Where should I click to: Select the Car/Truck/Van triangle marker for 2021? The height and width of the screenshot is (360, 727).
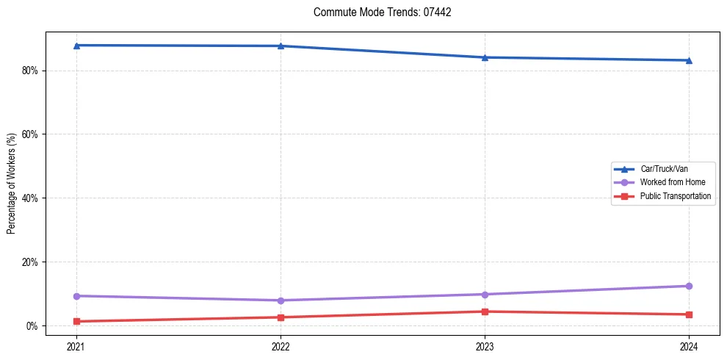click(x=76, y=46)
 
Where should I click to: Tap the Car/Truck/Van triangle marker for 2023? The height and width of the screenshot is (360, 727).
click(x=485, y=57)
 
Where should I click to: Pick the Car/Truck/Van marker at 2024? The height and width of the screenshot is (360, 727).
click(x=689, y=60)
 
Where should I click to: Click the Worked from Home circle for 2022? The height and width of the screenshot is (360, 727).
click(x=281, y=300)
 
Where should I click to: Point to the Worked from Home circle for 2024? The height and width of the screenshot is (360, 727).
click(x=689, y=286)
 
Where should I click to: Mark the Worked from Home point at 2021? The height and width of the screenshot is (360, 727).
click(x=76, y=296)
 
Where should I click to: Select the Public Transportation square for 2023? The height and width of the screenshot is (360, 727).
click(x=485, y=312)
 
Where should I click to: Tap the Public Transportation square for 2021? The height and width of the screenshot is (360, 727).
click(x=76, y=321)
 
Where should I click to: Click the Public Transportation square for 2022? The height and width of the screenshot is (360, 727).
click(x=281, y=317)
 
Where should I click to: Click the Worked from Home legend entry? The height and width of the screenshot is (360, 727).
click(x=668, y=182)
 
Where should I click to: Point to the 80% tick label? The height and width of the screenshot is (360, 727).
click(x=32, y=71)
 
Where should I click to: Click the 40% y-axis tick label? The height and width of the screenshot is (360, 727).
click(x=32, y=198)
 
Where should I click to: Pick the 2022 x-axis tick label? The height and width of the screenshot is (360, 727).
click(x=281, y=346)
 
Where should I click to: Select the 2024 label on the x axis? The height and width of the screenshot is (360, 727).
click(x=689, y=346)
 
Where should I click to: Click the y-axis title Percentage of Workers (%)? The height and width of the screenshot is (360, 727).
click(x=11, y=184)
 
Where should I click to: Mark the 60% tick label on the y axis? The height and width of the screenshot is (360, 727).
click(x=32, y=134)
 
